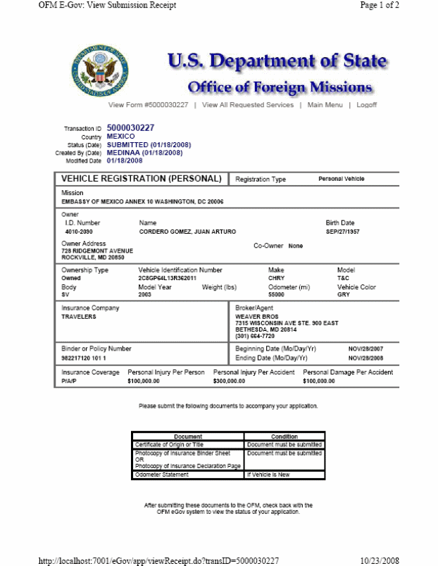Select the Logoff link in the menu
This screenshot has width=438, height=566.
coord(366,105)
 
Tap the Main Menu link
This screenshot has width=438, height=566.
coord(325,105)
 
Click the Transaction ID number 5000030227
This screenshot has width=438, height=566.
coord(130,128)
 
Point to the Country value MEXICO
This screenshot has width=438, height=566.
coord(120,137)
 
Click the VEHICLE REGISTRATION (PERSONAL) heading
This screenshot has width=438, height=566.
coord(142,179)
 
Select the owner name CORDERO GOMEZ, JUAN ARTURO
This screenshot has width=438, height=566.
coord(187,232)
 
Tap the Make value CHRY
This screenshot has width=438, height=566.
coord(276,278)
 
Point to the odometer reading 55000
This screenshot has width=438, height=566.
coord(277,295)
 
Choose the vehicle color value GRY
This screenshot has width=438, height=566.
coord(343,295)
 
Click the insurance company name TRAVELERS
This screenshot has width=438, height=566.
coord(79,317)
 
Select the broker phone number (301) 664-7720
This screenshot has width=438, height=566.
coord(256,336)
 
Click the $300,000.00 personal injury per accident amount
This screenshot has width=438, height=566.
coord(229,381)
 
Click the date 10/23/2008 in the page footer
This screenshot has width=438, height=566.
coord(380,560)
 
